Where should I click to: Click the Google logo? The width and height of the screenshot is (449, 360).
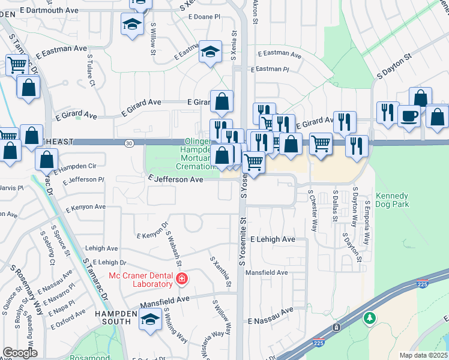pyautogui.click(x=20, y=353)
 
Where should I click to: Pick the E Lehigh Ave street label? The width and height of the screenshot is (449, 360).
pyautogui.click(x=273, y=239)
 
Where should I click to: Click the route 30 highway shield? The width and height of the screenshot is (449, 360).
pyautogui.click(x=130, y=143)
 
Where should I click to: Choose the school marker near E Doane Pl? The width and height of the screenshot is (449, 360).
pyautogui.click(x=131, y=25)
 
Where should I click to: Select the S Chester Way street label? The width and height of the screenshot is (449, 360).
pyautogui.click(x=313, y=211)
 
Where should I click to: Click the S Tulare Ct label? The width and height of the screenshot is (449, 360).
pyautogui.click(x=91, y=70)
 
